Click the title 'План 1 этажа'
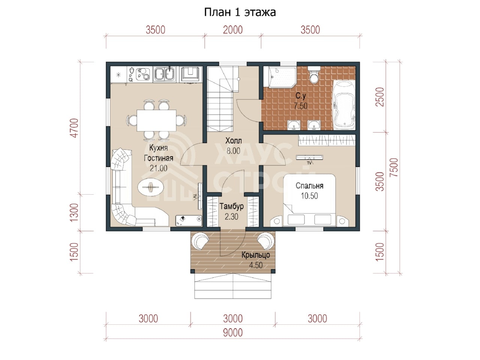(x=240, y=12)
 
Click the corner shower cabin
(x=280, y=77)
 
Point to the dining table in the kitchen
(x=156, y=120)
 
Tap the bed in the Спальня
(x=309, y=200)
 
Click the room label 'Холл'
(x=233, y=141)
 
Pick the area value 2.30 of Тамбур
(x=231, y=217)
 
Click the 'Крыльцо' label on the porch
(x=255, y=255)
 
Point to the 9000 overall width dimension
(x=233, y=333)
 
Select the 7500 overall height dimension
(x=393, y=168)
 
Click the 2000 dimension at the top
(x=232, y=30)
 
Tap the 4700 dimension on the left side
(x=75, y=128)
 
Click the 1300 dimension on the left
(x=74, y=213)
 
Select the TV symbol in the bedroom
(x=309, y=159)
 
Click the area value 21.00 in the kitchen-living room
(x=158, y=168)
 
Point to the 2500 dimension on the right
(x=379, y=97)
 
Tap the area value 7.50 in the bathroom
(x=301, y=106)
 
